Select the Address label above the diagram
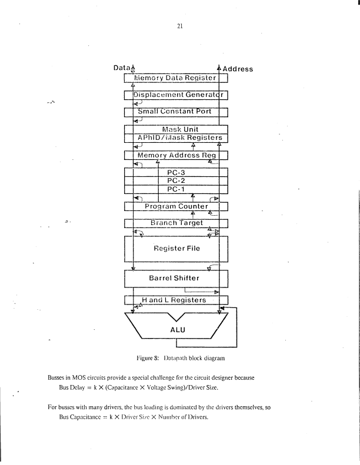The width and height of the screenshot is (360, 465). pos(238,69)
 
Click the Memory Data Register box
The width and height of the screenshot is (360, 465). pos(176,77)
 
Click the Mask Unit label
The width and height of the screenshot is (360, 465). pos(176,129)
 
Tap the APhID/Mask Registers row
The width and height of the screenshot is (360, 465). pos(176,138)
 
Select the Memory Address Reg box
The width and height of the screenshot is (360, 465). pos(176,155)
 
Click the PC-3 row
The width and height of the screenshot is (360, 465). pos(176,172)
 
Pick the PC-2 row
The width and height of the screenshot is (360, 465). pos(176,181)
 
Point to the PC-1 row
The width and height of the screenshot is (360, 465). pos(176,189)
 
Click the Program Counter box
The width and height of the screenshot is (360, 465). pos(176,206)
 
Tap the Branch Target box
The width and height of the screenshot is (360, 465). pos(176,223)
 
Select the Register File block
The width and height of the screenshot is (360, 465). pos(176,248)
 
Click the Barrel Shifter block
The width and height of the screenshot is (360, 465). pos(176,277)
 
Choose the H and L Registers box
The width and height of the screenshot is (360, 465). pos(176,300)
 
